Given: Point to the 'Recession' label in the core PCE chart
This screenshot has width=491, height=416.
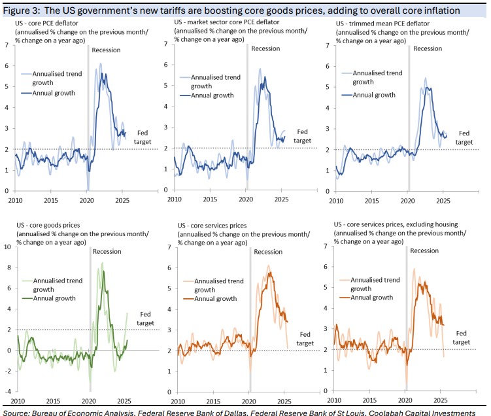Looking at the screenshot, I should click(x=107, y=50).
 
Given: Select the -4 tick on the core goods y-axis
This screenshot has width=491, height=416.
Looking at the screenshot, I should click(x=7, y=392).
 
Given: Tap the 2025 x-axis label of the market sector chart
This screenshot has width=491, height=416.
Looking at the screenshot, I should click(x=279, y=199).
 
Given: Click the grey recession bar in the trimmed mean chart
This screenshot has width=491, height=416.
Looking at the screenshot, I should click(x=409, y=118).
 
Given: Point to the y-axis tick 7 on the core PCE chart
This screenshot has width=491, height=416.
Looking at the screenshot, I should click(x=7, y=44).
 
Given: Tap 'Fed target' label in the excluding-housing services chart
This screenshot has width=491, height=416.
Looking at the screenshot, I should click(x=462, y=337).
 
